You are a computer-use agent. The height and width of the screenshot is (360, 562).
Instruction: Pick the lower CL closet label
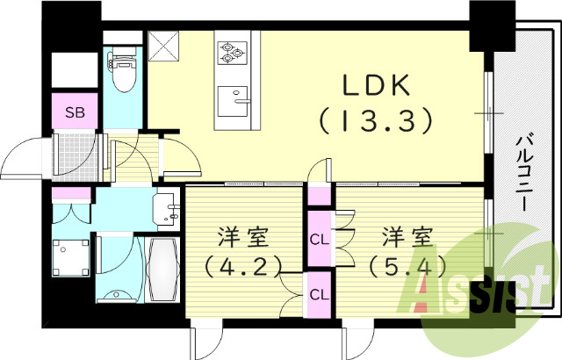tap(318, 294)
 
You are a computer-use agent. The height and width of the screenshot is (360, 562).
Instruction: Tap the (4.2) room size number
tap(239, 264)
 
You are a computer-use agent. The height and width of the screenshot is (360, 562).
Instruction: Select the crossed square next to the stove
tap(163, 44)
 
